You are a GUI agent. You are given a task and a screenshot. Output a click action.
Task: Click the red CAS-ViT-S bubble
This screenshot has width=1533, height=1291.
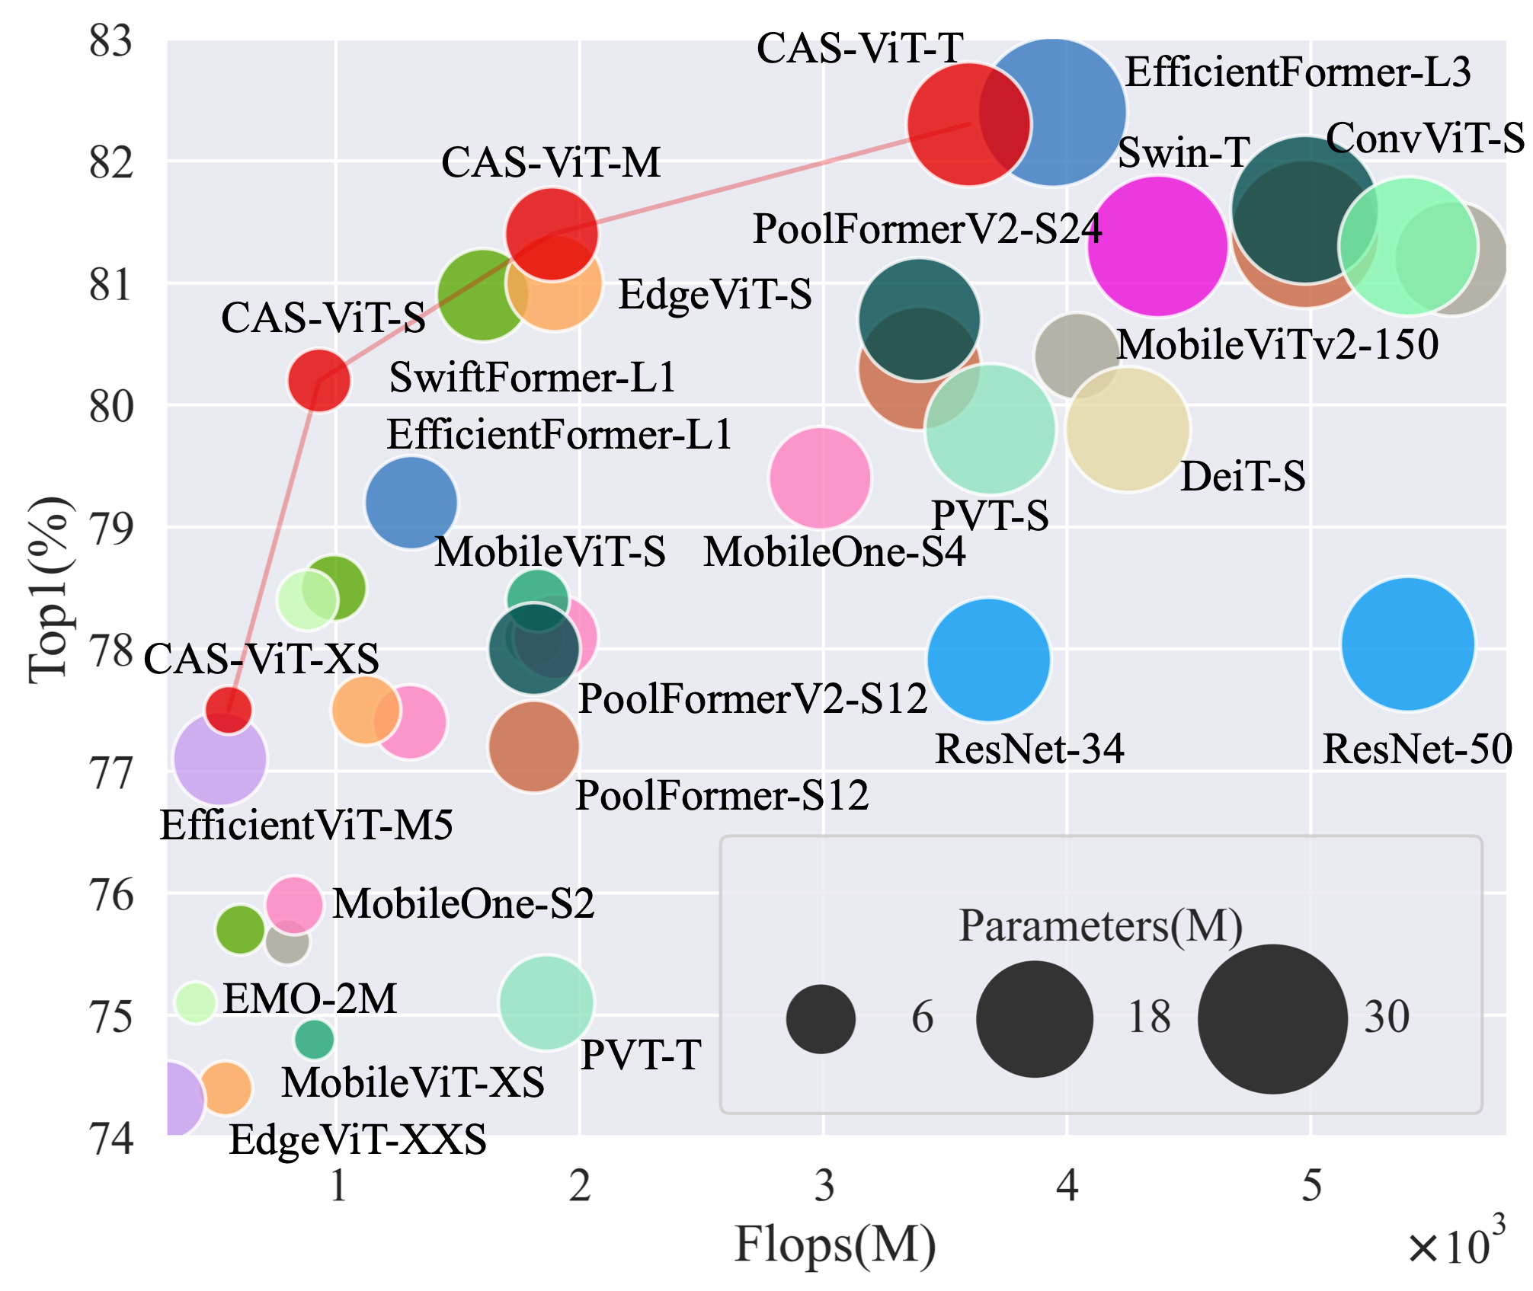(x=319, y=379)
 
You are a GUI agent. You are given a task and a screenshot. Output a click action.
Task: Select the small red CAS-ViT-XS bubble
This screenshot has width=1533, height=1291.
(x=228, y=709)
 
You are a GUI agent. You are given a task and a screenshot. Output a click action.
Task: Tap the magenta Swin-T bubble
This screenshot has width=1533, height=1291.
(x=1157, y=246)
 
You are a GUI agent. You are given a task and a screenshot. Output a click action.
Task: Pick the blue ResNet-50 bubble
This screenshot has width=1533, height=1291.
(x=1407, y=644)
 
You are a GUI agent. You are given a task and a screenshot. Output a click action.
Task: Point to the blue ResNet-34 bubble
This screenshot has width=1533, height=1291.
(x=989, y=660)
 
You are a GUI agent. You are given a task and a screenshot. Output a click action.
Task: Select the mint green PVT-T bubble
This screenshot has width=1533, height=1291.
(x=546, y=1003)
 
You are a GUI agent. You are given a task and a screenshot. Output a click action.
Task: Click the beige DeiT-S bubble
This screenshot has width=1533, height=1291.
(x=1128, y=430)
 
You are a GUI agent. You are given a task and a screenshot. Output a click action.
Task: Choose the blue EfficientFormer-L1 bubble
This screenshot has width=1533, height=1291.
(x=411, y=502)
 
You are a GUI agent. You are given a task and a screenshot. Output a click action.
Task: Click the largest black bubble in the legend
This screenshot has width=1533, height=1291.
(x=1272, y=1019)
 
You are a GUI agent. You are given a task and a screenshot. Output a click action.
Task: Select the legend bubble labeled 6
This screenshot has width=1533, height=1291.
(x=821, y=1019)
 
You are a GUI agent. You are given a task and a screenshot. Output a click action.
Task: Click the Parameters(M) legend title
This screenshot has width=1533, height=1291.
(x=1100, y=926)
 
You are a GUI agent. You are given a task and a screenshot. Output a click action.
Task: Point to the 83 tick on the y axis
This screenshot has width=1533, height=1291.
(x=111, y=41)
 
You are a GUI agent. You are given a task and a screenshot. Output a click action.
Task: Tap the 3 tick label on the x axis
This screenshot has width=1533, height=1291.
(x=824, y=1186)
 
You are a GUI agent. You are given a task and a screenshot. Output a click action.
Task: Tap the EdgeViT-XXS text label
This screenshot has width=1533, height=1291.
(x=357, y=1139)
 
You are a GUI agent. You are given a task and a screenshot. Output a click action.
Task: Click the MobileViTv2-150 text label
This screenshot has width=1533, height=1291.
(x=1277, y=344)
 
